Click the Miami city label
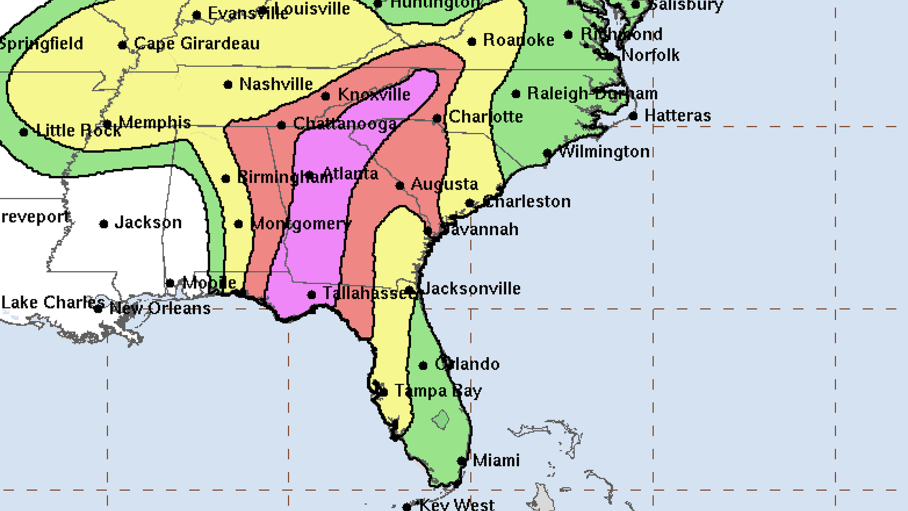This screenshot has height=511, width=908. pyautogui.click(x=496, y=460)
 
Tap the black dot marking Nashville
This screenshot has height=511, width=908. pyautogui.click(x=228, y=85)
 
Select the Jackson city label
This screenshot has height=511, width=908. pyautogui.click(x=148, y=222)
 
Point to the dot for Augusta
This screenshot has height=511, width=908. pyautogui.click(x=400, y=186)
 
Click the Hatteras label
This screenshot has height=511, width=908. pyautogui.click(x=677, y=116)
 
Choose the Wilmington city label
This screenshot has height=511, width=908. pyautogui.click(x=604, y=152)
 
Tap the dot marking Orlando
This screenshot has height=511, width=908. pyautogui.click(x=423, y=365)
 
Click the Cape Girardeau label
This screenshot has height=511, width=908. pyautogui.click(x=197, y=44)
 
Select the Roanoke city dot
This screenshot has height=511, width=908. pyautogui.click(x=471, y=42)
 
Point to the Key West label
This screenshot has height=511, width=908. pyautogui.click(x=457, y=505)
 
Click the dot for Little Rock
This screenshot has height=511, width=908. pyautogui.click(x=24, y=132)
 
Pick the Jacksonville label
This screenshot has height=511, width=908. pyautogui.click(x=471, y=289)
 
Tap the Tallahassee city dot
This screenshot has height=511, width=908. pyautogui.click(x=311, y=295)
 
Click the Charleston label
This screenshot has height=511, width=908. pyautogui.click(x=528, y=202)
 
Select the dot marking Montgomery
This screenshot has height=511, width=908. pyautogui.click(x=239, y=224)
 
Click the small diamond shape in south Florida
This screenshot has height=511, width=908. pyautogui.click(x=440, y=420)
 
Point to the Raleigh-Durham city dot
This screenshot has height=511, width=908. pyautogui.click(x=516, y=94)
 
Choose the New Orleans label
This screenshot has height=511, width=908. pyautogui.click(x=160, y=308)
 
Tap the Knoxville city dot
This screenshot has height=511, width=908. pyautogui.click(x=325, y=97)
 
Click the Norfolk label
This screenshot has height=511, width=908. pyautogui.click(x=650, y=55)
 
